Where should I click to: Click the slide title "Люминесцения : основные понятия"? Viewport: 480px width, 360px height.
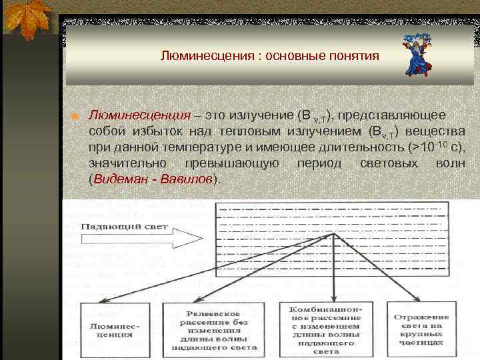(x=269, y=56)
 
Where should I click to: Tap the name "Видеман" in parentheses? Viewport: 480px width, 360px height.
(x=121, y=179)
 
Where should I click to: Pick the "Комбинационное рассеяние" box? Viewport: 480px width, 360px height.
(x=325, y=330)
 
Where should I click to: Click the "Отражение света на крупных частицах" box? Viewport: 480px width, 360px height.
(x=421, y=330)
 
